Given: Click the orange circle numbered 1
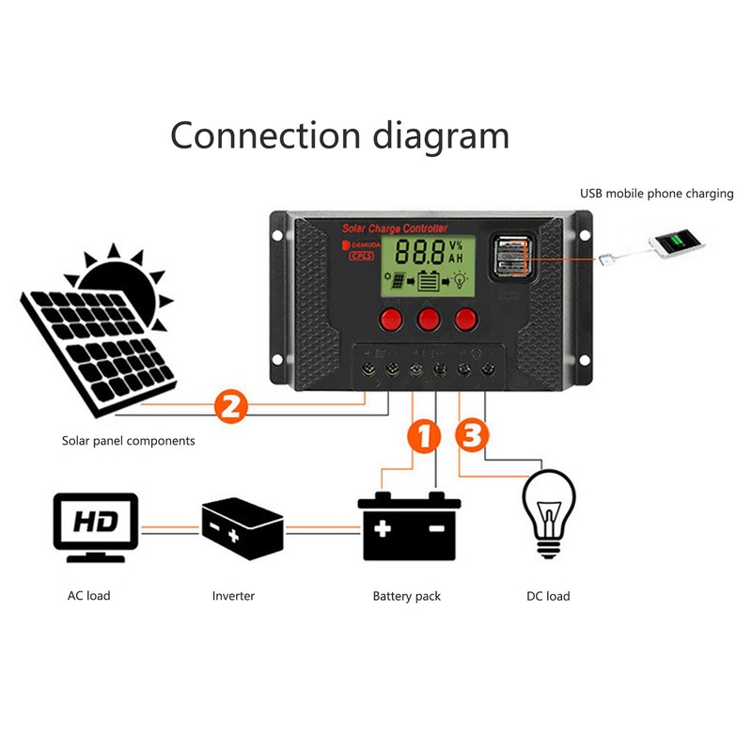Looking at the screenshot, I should click(x=424, y=437).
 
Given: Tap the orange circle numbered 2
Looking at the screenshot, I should click(x=230, y=407).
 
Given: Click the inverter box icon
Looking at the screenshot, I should click(x=242, y=530).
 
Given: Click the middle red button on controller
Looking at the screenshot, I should click(x=429, y=319).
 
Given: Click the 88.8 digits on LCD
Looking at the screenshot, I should click(x=419, y=252).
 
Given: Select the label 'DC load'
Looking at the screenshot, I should click(x=546, y=596).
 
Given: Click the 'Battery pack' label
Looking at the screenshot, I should click(x=406, y=596).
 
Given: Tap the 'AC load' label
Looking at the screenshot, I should click(x=88, y=596).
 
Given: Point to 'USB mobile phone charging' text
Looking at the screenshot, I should click(x=656, y=194).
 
